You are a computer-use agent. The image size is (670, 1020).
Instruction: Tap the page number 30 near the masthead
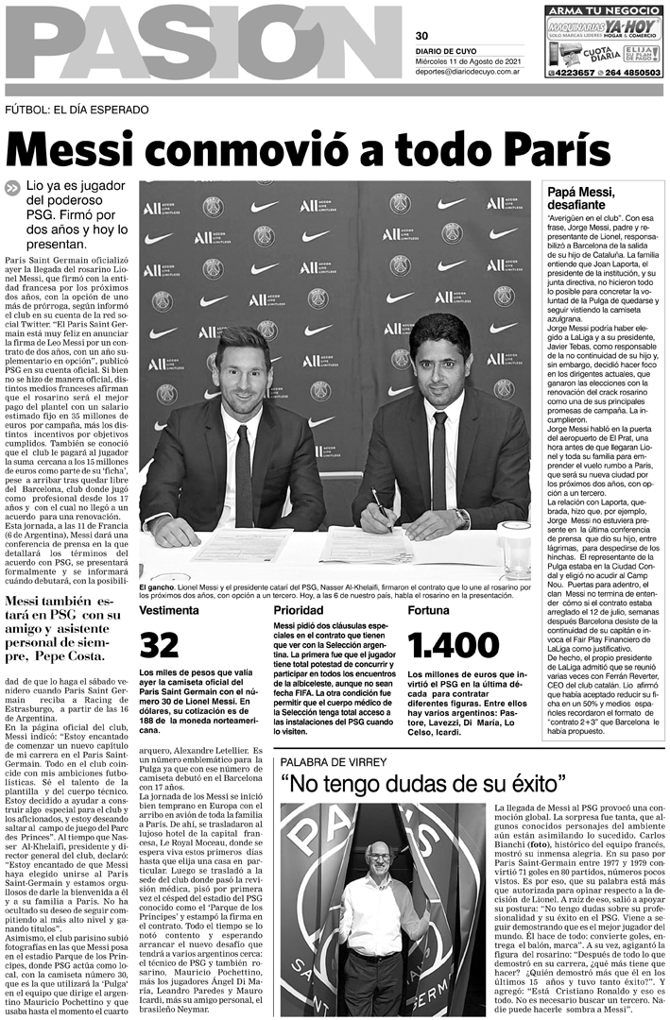421,9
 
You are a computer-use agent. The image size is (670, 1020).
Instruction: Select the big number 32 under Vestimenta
160,645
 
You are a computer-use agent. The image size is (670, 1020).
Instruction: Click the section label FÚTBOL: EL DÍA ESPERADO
77,110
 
